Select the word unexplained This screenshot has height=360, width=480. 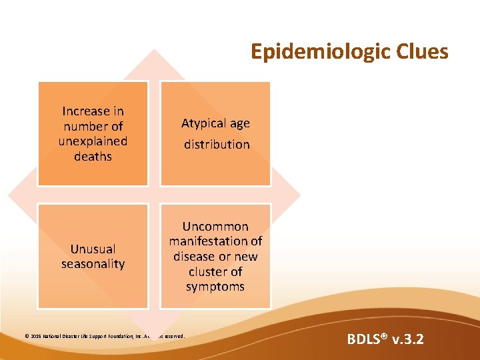click(93, 141)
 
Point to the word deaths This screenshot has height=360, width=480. click(93, 156)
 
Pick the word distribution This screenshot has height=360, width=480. click(217, 144)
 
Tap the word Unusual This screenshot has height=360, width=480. click(93, 249)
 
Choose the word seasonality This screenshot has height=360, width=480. click(93, 263)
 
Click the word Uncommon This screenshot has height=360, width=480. click(215, 226)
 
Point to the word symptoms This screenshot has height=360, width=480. click(215, 287)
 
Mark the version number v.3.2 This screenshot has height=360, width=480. click(407, 340)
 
